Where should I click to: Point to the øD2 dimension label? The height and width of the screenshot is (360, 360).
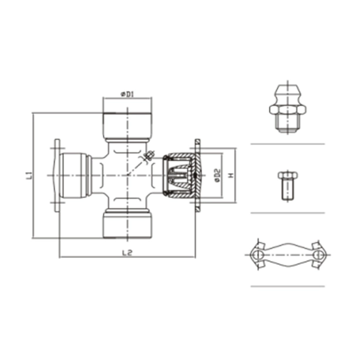(216, 175)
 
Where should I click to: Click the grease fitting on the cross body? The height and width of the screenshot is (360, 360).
(147, 155)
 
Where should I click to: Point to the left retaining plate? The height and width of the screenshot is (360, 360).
(57, 175)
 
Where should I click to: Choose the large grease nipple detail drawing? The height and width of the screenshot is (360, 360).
(287, 108)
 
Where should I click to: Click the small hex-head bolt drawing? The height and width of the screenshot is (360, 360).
(287, 184)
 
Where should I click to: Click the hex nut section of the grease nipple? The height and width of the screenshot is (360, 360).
(287, 110)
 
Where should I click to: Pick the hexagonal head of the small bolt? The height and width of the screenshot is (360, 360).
(287, 176)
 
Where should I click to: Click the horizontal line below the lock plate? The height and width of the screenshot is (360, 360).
(287, 286)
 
